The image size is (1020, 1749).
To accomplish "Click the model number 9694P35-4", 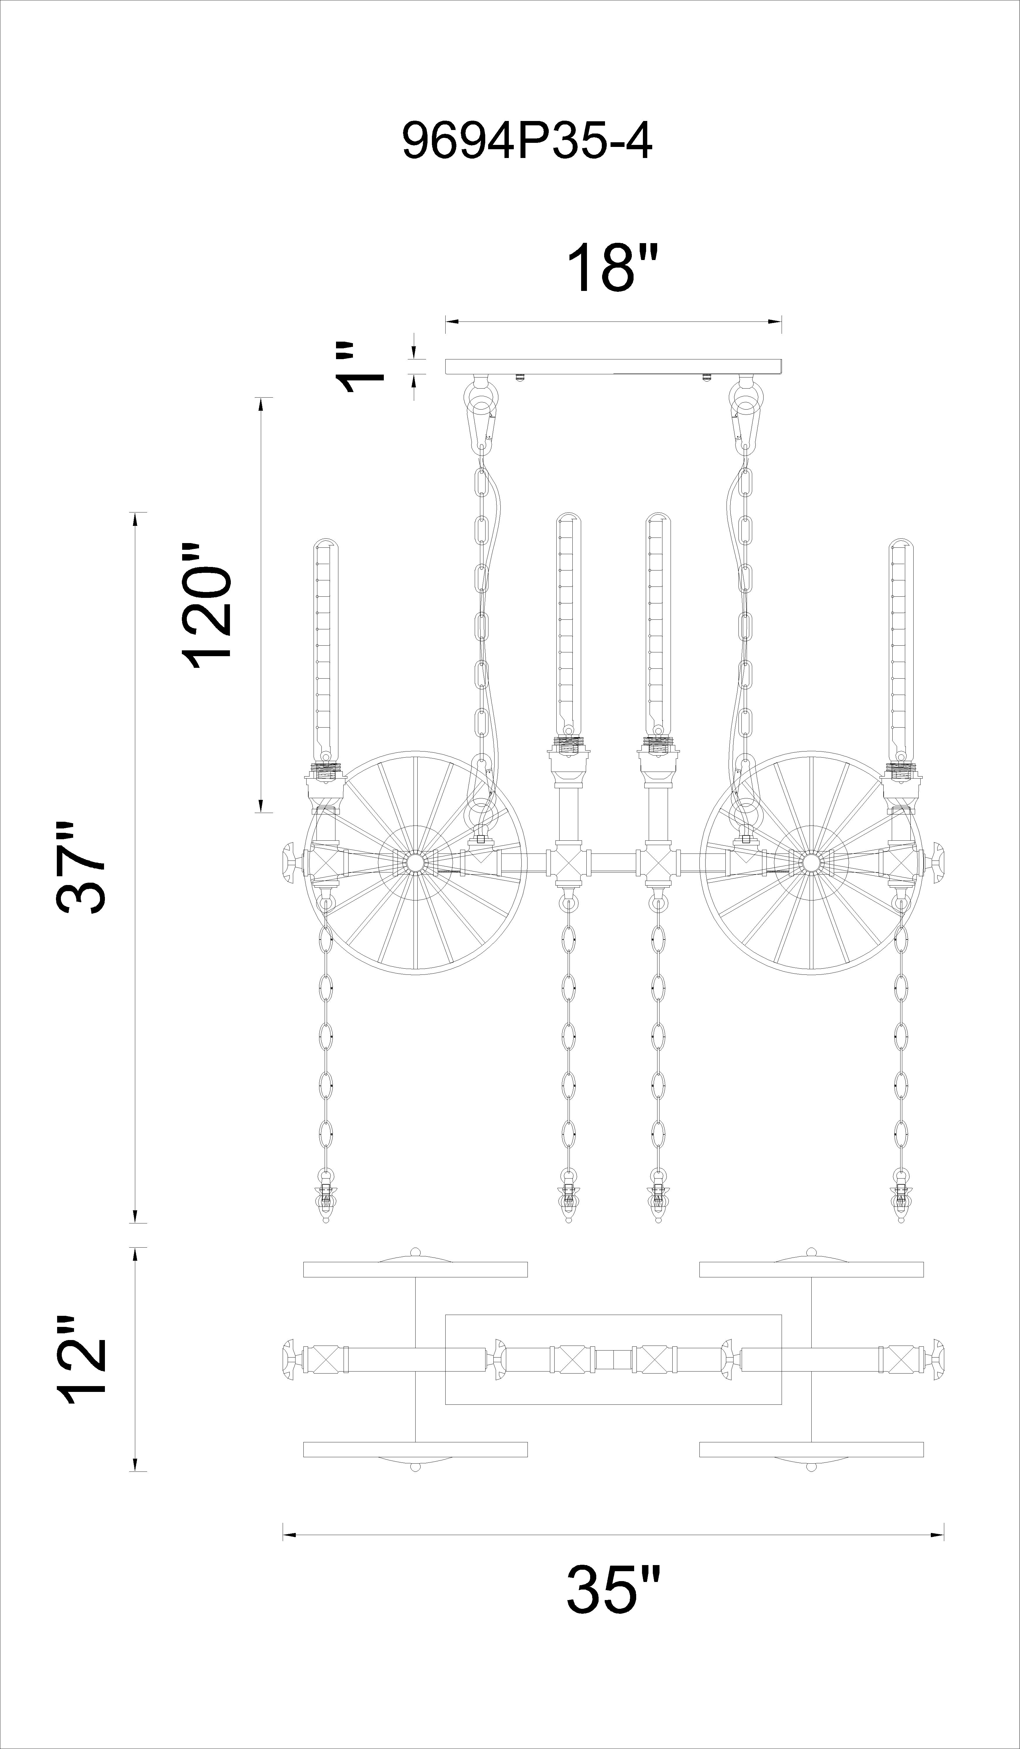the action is (527, 142).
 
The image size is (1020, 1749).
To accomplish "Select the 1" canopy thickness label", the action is (359, 366).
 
